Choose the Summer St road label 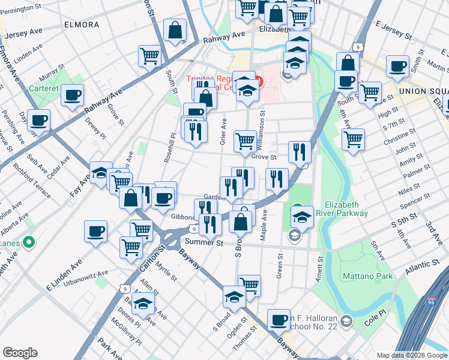click(203, 243)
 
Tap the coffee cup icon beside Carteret click(72, 95)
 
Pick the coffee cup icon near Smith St click(397, 66)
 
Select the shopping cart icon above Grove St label click(245, 141)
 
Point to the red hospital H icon click(259, 82)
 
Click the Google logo click(19, 353)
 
